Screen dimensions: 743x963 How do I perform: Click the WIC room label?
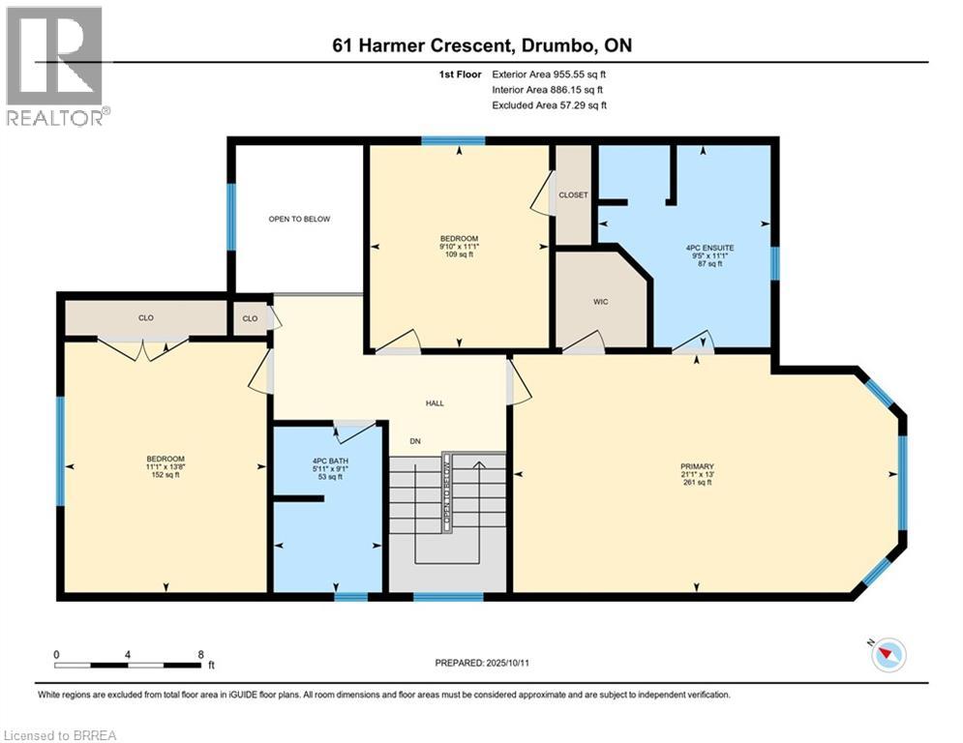599,302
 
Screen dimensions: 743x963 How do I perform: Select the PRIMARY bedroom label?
697,467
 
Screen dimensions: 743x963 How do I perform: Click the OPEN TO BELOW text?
299,220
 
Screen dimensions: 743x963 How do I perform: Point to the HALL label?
436,403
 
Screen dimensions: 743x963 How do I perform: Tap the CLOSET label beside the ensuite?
573,195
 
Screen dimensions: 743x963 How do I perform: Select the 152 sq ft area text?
166,476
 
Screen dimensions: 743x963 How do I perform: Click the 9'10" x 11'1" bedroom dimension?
459,247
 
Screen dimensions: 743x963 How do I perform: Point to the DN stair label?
414,441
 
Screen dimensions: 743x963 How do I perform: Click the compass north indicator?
888,655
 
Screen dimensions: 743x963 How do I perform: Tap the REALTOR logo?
55,65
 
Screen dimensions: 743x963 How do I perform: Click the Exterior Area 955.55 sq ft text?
549,74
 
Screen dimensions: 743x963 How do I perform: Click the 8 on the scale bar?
200,655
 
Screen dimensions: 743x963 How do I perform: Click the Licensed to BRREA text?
59,735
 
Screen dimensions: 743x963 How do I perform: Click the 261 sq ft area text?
697,483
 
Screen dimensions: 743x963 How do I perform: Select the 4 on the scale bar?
128,655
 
